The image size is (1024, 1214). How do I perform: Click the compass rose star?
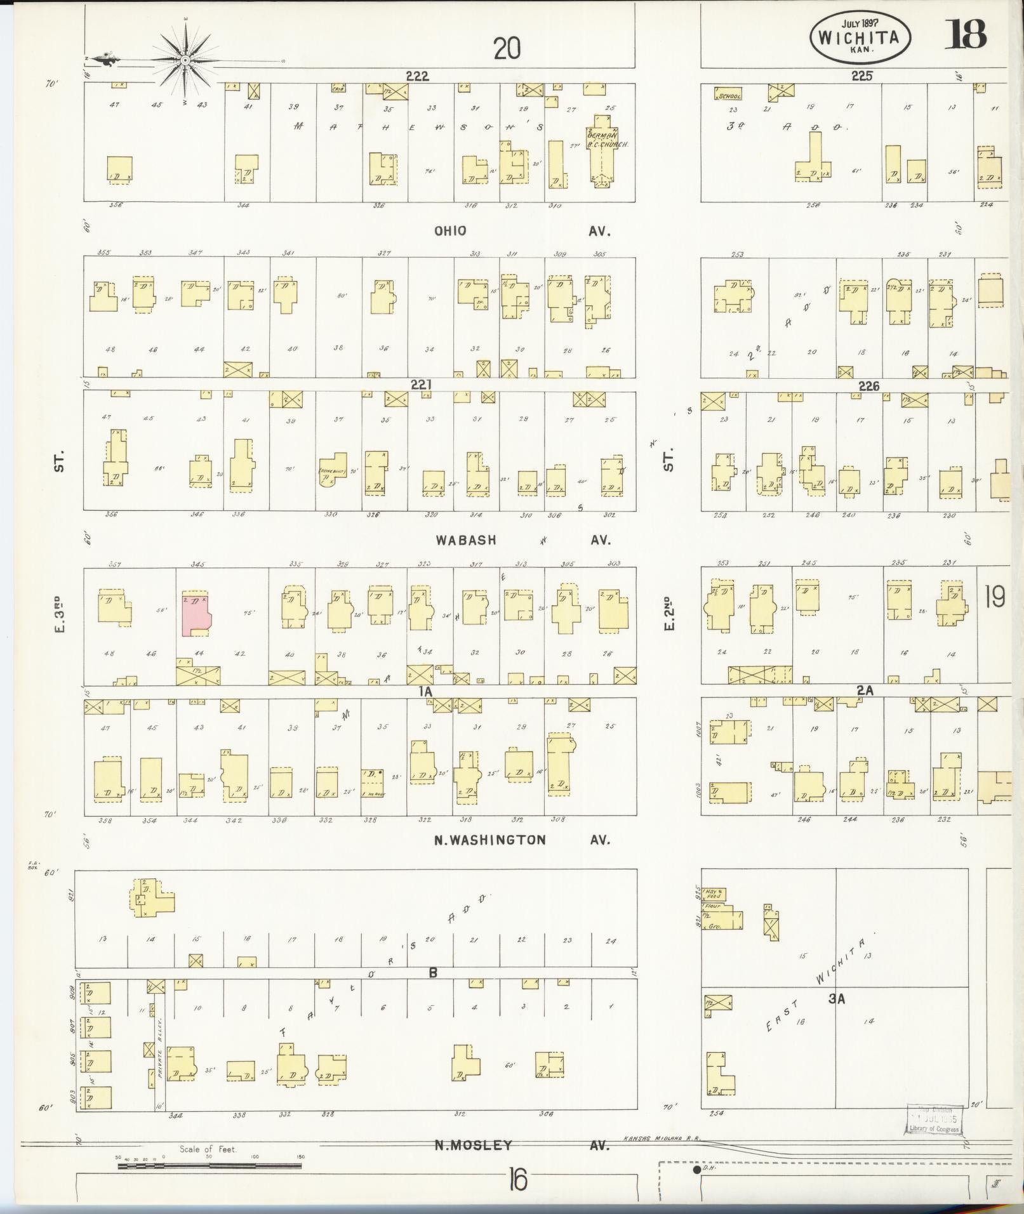(185, 60)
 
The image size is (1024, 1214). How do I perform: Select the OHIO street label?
(450, 231)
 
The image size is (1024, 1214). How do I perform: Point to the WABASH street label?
(465, 540)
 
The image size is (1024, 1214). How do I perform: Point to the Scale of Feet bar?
(209, 1165)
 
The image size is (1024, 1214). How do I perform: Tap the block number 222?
(417, 76)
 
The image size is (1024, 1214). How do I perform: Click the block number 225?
(861, 76)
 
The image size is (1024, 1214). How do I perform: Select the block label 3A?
(837, 998)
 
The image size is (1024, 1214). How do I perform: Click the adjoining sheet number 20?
(507, 48)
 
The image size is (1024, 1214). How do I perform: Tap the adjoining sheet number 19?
(995, 597)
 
